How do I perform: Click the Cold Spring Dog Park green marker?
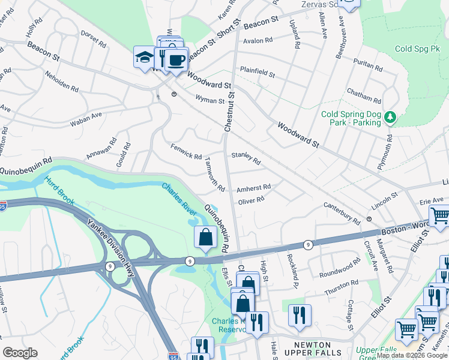tap(391, 117)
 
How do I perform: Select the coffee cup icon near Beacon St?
tap(176, 60)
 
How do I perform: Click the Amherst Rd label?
tap(253, 188)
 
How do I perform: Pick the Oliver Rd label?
tap(251, 201)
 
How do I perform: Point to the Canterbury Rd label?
tap(341, 214)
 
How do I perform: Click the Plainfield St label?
tap(257, 72)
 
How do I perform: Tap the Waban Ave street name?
tap(88, 115)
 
